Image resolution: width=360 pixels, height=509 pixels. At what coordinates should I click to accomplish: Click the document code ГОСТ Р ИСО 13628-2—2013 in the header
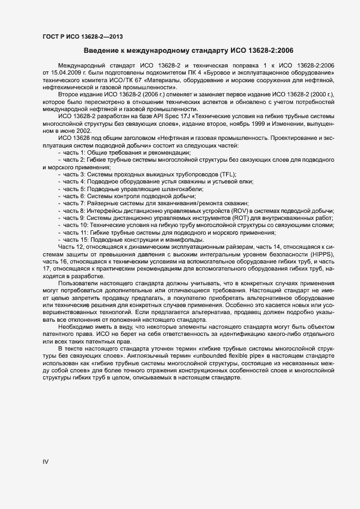pyautogui.click(x=82, y=37)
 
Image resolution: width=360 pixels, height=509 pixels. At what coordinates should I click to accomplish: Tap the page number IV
pyautogui.click(x=46, y=462)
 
